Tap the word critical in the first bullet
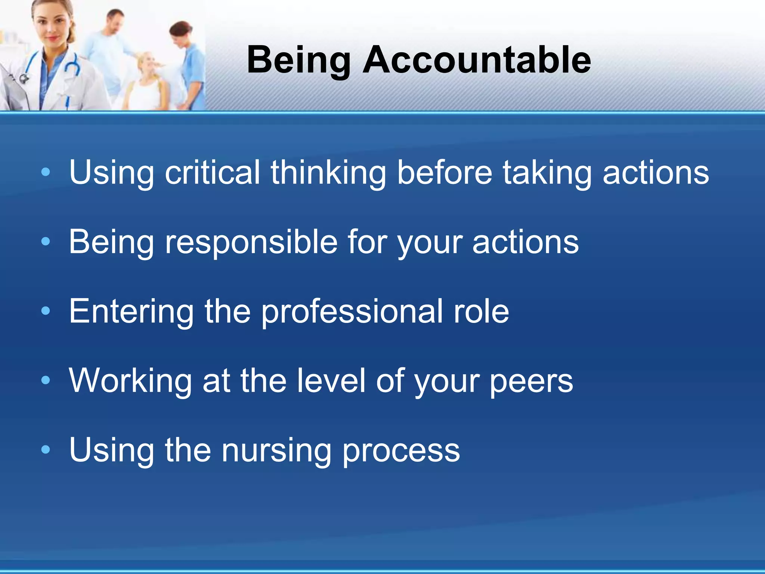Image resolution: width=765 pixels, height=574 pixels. point(213,172)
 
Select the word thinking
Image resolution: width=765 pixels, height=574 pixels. point(328,172)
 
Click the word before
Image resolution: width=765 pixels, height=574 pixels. point(445,172)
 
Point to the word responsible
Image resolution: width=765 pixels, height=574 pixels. point(251,242)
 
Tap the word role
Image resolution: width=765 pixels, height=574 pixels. point(481,311)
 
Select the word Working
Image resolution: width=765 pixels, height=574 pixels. point(130,381)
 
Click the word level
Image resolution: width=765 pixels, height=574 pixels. point(331,381)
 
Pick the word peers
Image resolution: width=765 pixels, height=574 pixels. point(531,382)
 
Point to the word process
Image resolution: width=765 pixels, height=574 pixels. point(401,451)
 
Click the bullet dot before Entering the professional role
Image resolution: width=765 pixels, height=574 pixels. point(46,311)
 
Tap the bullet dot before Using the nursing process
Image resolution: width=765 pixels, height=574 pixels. point(46,450)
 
